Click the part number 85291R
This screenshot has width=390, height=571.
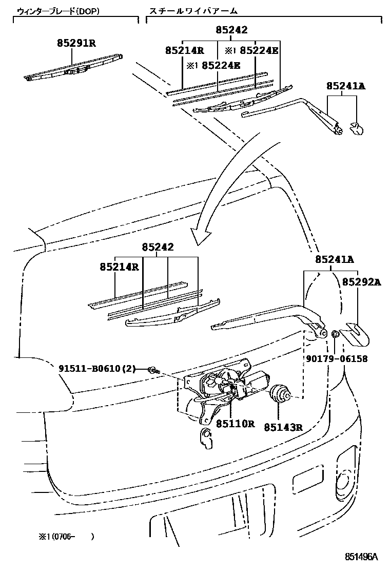point(76,43)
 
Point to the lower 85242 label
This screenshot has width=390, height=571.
point(158,247)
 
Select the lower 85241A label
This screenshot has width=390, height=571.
point(335,260)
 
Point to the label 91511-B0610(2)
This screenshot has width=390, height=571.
point(96,368)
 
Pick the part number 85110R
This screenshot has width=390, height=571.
point(235,424)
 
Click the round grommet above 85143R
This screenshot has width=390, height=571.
point(280,394)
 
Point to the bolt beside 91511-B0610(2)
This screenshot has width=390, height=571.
point(153,369)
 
